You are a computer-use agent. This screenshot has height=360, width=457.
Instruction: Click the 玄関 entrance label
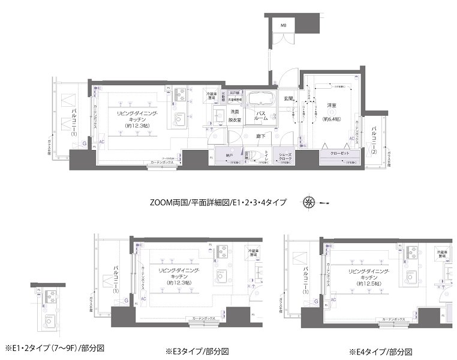pos(288,98)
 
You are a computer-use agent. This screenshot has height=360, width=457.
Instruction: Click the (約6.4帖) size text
pos(331,119)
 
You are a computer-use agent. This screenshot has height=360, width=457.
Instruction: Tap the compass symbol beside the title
pos(309,202)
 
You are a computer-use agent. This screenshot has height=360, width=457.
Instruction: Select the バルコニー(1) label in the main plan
pos(73,122)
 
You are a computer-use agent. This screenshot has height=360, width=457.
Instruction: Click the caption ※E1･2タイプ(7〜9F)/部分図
pos(55,347)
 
